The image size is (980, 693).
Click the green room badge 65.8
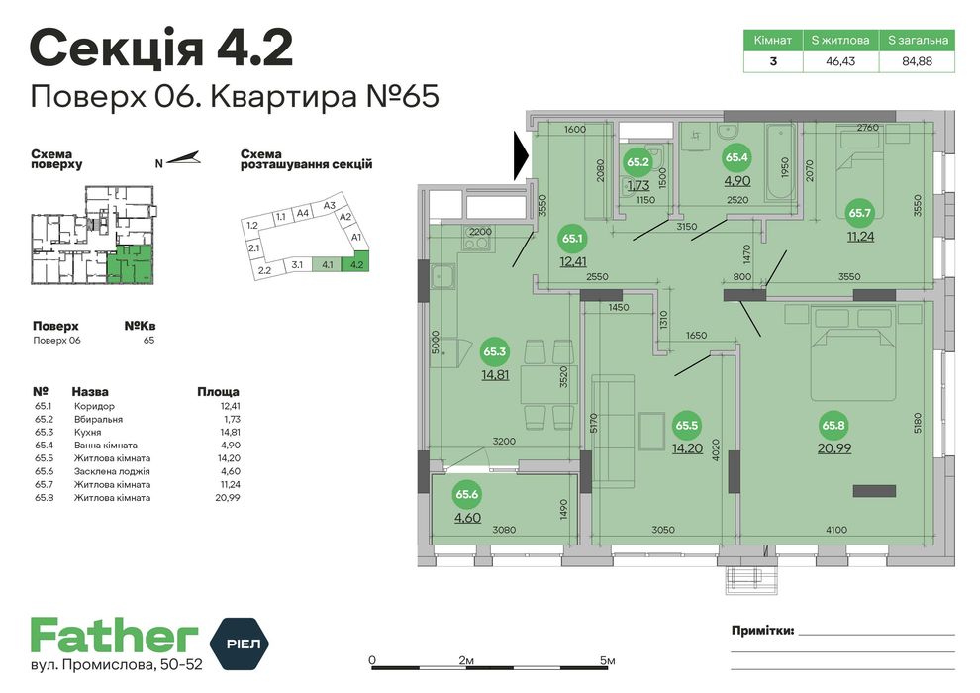point(833,426)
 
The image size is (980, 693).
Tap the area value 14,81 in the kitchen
point(494,375)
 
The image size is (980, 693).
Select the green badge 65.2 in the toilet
point(637,162)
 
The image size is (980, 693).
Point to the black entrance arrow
point(523,156)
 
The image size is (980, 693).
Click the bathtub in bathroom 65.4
point(780,161)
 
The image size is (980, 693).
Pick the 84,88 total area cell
point(917,61)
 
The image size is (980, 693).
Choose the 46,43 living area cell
point(840,61)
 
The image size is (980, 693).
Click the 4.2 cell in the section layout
point(357,264)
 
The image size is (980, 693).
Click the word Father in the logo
point(115,637)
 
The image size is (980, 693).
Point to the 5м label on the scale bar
point(607,660)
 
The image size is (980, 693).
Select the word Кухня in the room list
point(87,432)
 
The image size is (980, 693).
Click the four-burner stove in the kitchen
point(479,239)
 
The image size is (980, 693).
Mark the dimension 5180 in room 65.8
point(917,423)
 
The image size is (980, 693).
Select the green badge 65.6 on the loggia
point(467,494)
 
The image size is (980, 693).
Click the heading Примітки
point(762,630)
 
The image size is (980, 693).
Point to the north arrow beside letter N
point(184,158)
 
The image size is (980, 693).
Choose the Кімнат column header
point(773,40)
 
